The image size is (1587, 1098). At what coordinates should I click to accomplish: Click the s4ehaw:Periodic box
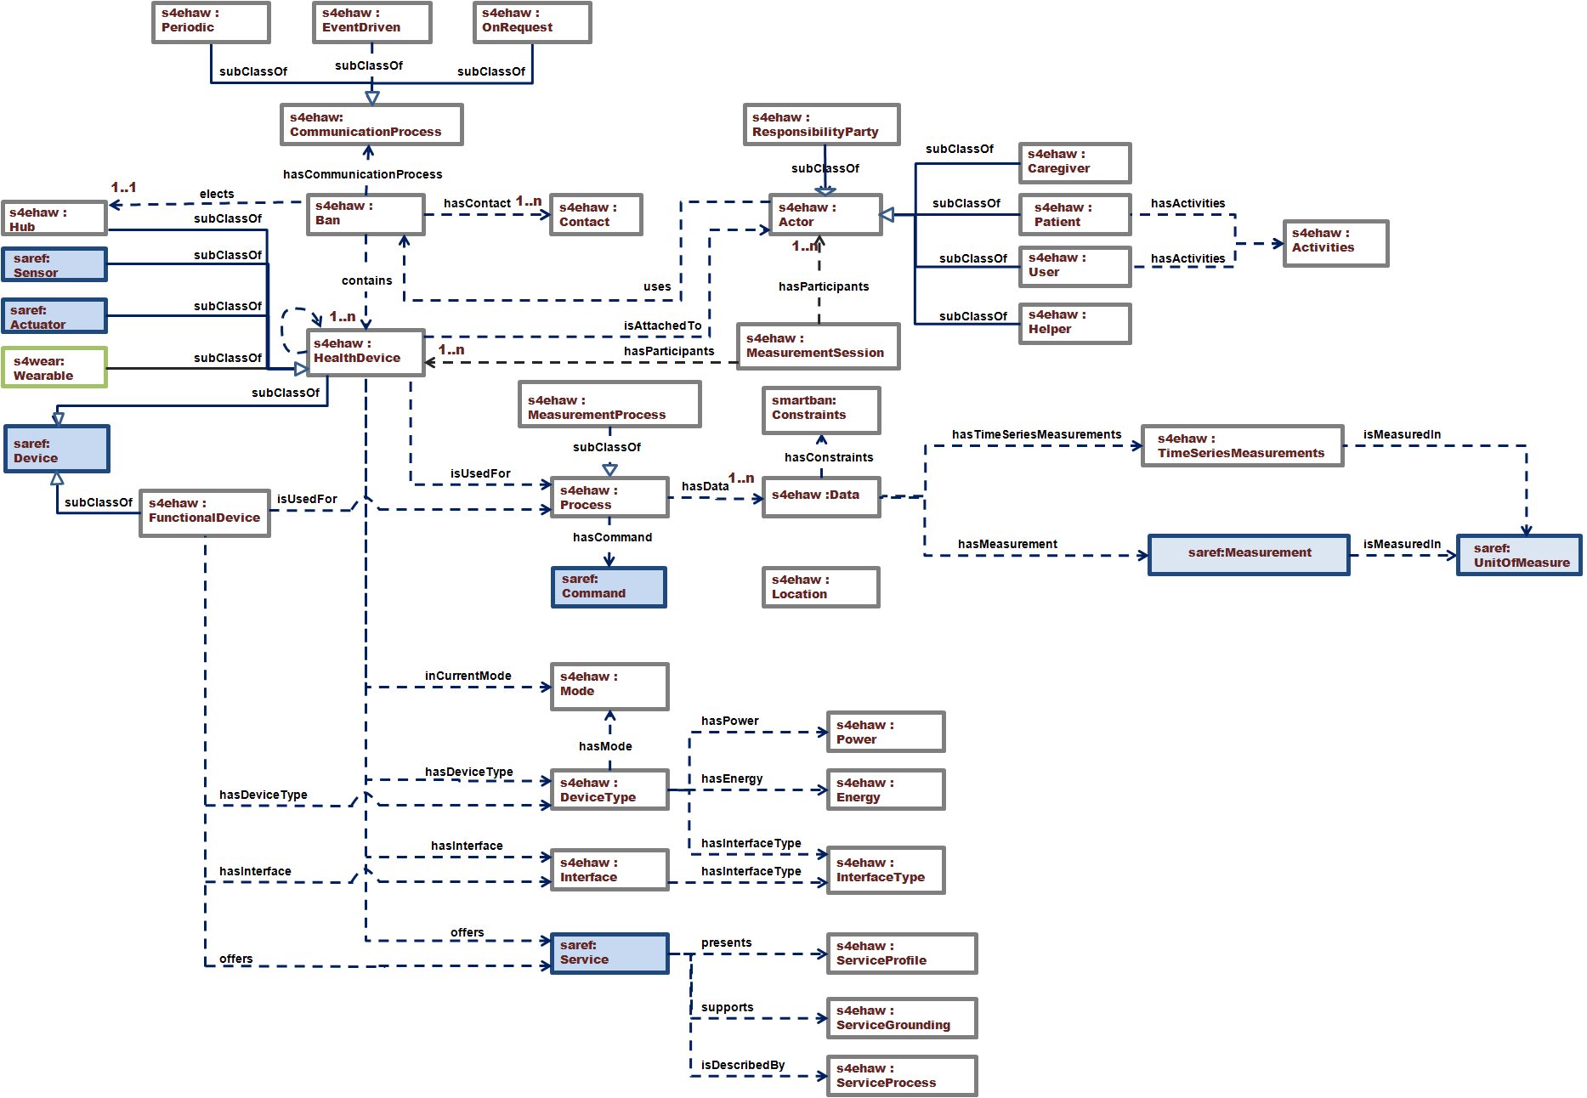point(211,21)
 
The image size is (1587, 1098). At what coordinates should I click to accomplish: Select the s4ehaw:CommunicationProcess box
point(371,125)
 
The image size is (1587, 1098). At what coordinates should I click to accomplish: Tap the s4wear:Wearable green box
point(54,368)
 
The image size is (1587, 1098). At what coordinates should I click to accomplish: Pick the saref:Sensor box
point(54,265)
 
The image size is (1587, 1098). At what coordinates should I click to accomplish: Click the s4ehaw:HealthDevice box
point(366,352)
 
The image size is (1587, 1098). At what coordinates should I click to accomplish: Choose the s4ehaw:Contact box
point(595,214)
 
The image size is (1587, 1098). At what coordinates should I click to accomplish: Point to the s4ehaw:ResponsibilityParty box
point(821,125)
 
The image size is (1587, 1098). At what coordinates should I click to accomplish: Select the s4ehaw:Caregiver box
point(1074,162)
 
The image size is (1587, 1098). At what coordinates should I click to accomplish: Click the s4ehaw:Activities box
point(1335,243)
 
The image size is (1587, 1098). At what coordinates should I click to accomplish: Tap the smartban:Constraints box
point(820,410)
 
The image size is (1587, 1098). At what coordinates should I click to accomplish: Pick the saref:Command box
point(609,587)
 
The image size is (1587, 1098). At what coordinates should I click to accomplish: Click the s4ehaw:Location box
point(820,587)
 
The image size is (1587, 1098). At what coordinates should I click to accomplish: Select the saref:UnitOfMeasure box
point(1519,555)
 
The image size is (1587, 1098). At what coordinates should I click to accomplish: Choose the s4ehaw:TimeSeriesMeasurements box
point(1242,446)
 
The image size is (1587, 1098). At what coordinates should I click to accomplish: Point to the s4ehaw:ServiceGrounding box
point(902,1018)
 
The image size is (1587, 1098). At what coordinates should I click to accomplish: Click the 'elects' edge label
point(217,194)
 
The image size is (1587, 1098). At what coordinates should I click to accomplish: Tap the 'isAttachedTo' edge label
point(662,325)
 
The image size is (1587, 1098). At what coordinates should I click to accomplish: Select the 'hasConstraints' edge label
point(829,457)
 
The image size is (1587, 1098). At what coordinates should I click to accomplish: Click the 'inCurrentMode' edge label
point(468,676)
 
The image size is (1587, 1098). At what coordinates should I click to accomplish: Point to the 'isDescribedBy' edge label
point(743,1065)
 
